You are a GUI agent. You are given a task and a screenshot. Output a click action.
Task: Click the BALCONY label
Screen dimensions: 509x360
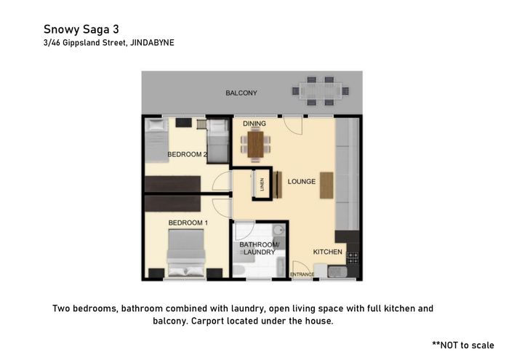(x=241, y=93)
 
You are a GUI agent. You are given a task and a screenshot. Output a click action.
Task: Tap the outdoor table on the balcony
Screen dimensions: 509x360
(x=321, y=91)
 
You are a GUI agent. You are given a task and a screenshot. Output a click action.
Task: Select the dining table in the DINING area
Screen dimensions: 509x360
(x=255, y=145)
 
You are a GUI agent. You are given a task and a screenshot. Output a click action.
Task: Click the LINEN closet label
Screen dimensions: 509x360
(x=262, y=184)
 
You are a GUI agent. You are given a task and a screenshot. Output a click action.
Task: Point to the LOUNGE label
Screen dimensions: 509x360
(x=302, y=182)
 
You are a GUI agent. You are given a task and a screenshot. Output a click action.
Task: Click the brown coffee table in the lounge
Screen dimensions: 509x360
(x=326, y=185)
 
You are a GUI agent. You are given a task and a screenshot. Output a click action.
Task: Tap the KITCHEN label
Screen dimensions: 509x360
(x=327, y=252)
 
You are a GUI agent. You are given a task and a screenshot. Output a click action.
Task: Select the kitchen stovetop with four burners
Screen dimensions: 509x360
(x=353, y=257)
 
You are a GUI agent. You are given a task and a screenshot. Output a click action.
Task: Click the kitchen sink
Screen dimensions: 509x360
(x=337, y=272)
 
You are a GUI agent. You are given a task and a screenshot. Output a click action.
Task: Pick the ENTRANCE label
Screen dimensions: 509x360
(x=302, y=274)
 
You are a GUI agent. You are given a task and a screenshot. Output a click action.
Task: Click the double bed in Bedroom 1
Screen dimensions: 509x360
(x=186, y=253)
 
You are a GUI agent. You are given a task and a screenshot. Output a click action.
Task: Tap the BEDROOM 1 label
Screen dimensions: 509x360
(x=188, y=223)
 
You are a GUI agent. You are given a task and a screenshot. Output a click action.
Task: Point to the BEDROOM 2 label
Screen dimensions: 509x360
(x=187, y=154)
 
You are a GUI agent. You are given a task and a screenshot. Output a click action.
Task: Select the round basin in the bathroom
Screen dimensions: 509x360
(x=278, y=231)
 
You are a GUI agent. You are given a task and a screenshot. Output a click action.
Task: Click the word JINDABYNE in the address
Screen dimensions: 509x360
(x=152, y=43)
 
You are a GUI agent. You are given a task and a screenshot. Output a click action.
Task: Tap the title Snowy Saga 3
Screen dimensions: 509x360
(x=81, y=29)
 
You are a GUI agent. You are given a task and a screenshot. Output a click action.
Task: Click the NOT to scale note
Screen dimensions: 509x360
(x=463, y=345)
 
